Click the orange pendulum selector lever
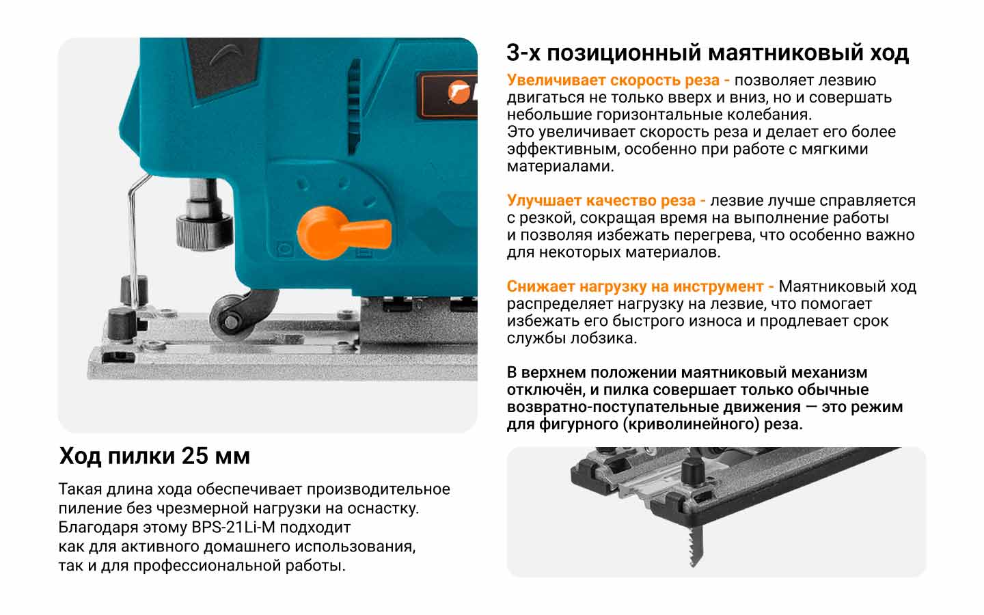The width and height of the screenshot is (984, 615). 342,233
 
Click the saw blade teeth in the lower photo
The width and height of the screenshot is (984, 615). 695,545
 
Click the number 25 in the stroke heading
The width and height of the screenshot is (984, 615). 195,456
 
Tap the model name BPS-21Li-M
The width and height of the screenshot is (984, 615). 233,527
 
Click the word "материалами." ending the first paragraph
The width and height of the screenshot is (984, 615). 560,166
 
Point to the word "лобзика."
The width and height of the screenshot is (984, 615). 603,338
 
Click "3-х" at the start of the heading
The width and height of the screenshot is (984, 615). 523,53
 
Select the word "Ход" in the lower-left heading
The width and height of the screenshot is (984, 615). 81,456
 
